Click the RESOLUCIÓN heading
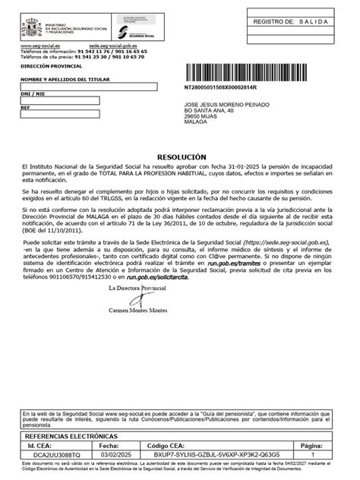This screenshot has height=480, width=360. pyautogui.click(x=180, y=153)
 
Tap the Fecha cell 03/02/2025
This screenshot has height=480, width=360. pyautogui.click(x=116, y=453)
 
